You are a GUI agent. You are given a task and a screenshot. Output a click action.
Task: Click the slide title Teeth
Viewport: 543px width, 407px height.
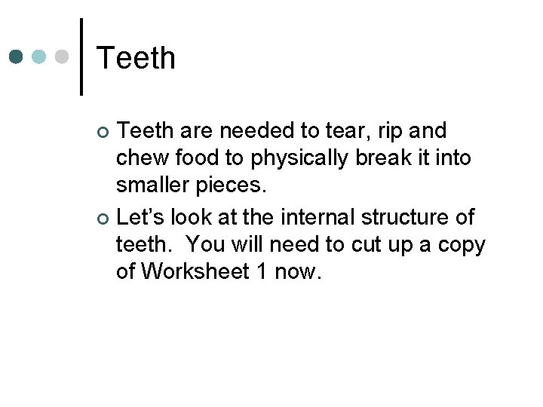click(137, 58)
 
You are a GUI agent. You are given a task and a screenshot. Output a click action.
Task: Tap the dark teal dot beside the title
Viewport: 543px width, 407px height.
click(17, 57)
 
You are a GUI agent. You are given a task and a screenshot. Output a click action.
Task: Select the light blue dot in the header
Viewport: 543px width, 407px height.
click(39, 57)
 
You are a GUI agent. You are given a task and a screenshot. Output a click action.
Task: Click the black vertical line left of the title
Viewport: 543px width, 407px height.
click(81, 57)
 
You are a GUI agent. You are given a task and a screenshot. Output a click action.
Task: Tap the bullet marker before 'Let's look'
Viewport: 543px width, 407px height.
click(104, 219)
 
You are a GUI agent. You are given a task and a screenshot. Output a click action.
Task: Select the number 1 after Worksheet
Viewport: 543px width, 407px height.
click(262, 271)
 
